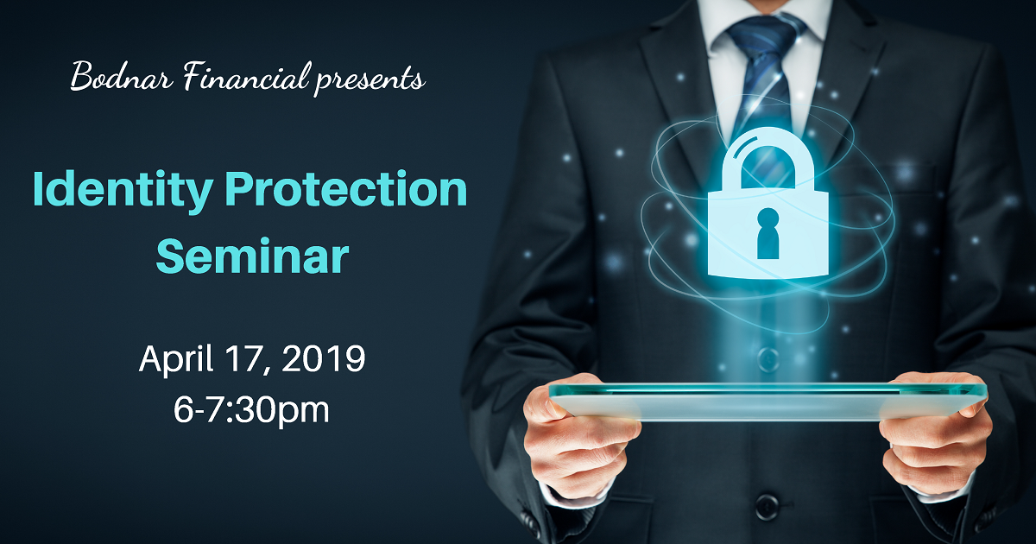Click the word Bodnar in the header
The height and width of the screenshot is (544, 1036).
coord(122,76)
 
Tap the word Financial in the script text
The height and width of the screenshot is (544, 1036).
coord(246,76)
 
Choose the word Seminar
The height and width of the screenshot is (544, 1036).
coord(252,256)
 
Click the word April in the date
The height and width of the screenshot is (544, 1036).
coord(176,359)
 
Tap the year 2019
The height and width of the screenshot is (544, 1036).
coord(323,358)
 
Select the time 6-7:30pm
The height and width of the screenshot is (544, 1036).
coord(251,410)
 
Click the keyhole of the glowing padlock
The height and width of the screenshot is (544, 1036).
coord(768,234)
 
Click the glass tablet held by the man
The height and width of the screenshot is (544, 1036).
coord(768,402)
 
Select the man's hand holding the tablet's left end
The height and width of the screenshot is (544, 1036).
coord(581,436)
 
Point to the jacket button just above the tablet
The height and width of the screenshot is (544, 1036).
coord(768,357)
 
